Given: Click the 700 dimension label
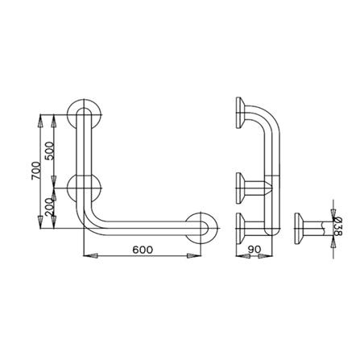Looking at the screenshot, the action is (36, 171).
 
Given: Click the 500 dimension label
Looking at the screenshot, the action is (50, 151).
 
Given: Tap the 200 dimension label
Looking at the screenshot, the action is (50, 207).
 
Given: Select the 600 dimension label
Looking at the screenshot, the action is (143, 250).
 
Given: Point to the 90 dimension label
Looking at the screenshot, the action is (254, 250).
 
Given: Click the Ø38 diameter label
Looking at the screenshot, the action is (337, 226).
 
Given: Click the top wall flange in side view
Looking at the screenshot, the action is (240, 113).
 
